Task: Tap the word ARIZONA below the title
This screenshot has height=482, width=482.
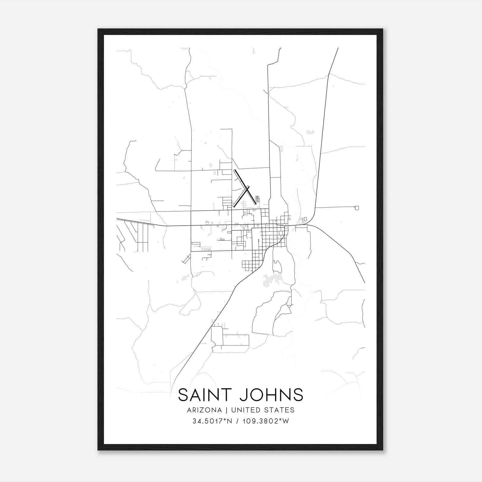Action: [x=204, y=410]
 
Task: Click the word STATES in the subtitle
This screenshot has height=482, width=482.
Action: [x=279, y=410]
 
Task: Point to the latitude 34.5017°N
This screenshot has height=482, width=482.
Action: [x=212, y=421]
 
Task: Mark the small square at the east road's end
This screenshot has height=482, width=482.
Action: [x=357, y=208]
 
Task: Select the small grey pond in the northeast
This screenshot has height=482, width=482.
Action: [x=310, y=132]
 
